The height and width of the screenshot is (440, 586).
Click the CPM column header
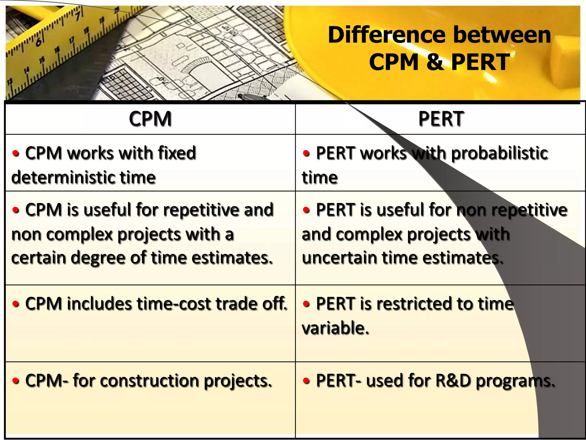tap(150, 119)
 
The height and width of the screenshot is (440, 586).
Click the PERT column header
tap(441, 119)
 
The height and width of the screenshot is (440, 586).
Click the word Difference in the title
tap(386, 35)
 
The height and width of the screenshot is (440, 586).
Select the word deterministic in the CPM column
tap(63, 177)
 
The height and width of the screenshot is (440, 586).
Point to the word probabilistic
tap(500, 153)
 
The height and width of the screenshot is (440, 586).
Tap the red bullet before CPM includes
tap(16, 304)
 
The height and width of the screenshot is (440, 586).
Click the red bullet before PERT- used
tap(306, 381)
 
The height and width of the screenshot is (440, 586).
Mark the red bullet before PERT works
tap(306, 153)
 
